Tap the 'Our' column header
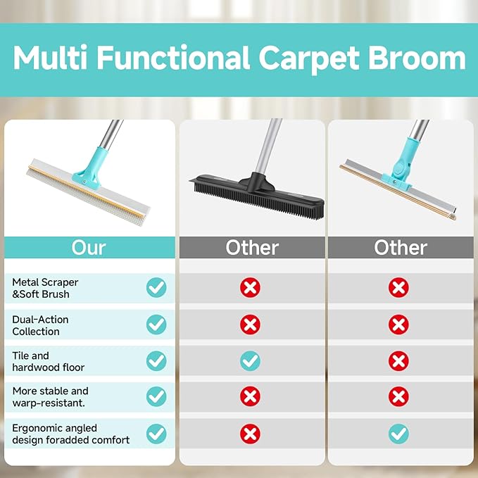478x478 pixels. coord(89,248)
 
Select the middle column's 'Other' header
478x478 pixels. coord(251,248)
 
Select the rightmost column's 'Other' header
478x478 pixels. coord(400,248)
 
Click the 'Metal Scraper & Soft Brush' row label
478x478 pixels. coord(45,287)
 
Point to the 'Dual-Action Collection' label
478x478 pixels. coord(40,325)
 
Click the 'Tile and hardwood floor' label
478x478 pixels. coord(48,361)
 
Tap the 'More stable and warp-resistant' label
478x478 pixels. coord(50,396)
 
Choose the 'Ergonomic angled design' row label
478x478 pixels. coord(70,434)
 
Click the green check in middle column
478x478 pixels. coord(250,361)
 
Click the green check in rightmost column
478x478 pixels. coord(398,434)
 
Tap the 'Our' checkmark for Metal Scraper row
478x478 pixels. coord(156,287)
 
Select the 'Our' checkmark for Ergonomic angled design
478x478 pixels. coord(156,434)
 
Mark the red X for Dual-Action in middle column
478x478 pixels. coord(250,325)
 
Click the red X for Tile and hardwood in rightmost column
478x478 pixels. coord(398,361)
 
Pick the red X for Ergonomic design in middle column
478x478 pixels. coord(250,434)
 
